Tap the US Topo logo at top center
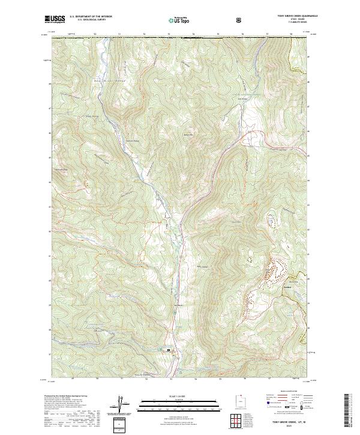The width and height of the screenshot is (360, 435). (x=175, y=20)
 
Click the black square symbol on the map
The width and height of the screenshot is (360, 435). (x=169, y=350)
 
